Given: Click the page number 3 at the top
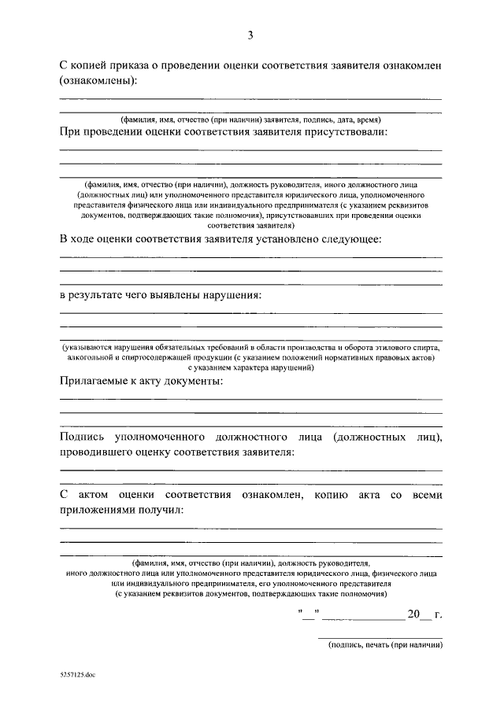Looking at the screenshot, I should [x=250, y=35].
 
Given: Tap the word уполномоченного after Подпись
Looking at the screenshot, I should [x=160, y=436].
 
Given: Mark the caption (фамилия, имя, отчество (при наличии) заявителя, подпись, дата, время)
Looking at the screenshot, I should [x=250, y=119].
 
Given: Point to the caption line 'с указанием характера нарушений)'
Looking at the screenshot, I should [x=250, y=367].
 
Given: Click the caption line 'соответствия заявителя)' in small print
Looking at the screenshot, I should [x=250, y=223].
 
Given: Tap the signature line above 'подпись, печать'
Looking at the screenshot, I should [x=380, y=636].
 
